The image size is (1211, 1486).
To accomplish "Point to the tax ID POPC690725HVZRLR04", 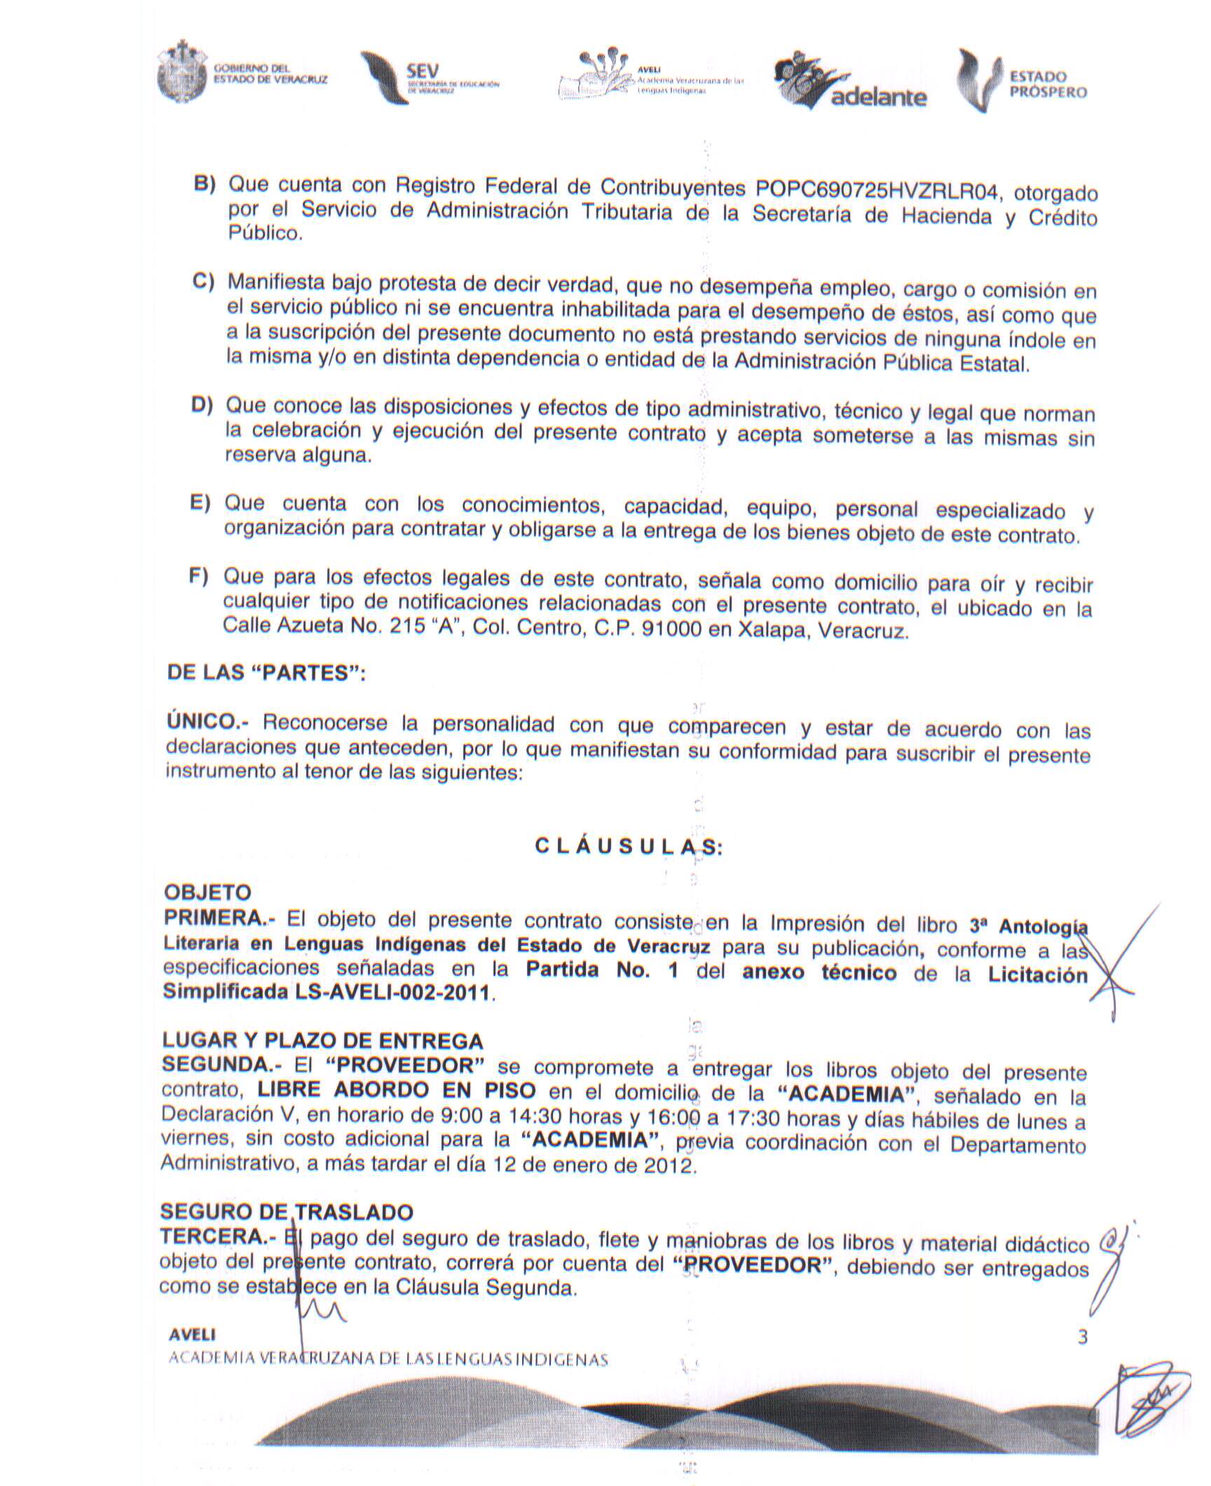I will [x=877, y=189].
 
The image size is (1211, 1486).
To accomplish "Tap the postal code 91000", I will [x=672, y=629].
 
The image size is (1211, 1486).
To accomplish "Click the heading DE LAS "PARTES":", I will [x=266, y=673].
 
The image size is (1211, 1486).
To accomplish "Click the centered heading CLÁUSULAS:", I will [x=628, y=847].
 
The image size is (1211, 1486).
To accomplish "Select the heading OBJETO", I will [x=207, y=892].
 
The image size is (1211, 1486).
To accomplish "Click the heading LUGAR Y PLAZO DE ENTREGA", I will [x=322, y=1040].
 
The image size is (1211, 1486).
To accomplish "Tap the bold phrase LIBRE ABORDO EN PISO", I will [x=397, y=1091].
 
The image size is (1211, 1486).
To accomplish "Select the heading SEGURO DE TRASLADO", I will [x=287, y=1211].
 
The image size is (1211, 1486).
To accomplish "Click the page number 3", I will [x=1082, y=1337].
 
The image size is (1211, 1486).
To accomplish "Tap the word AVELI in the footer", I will [x=192, y=1336].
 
